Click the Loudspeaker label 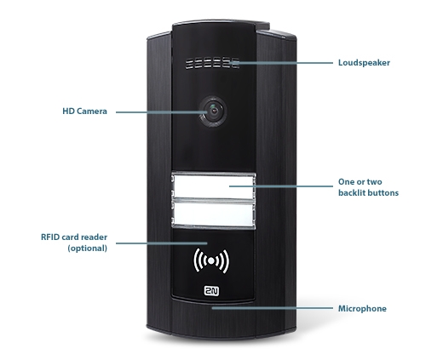(x=364, y=63)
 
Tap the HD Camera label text (x=84, y=111)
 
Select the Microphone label (x=362, y=308)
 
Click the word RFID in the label (x=50, y=237)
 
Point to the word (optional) (x=88, y=249)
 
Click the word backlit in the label (x=352, y=193)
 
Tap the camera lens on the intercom (x=213, y=111)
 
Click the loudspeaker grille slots (x=212, y=63)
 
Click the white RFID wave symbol (x=211, y=261)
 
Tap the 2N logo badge (x=211, y=291)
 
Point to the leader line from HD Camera (x=162, y=112)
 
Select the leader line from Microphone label (x=272, y=307)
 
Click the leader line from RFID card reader (x=162, y=243)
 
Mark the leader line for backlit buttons (x=281, y=186)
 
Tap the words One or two (x=360, y=182)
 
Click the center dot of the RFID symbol (x=211, y=261)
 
